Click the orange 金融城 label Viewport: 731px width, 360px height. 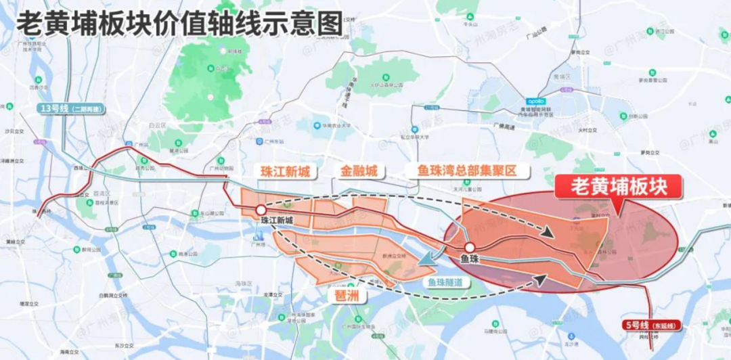359,172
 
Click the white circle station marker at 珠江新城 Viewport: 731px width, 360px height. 261,210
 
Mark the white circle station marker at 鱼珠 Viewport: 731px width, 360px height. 469,248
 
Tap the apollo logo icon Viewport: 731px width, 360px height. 535,102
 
